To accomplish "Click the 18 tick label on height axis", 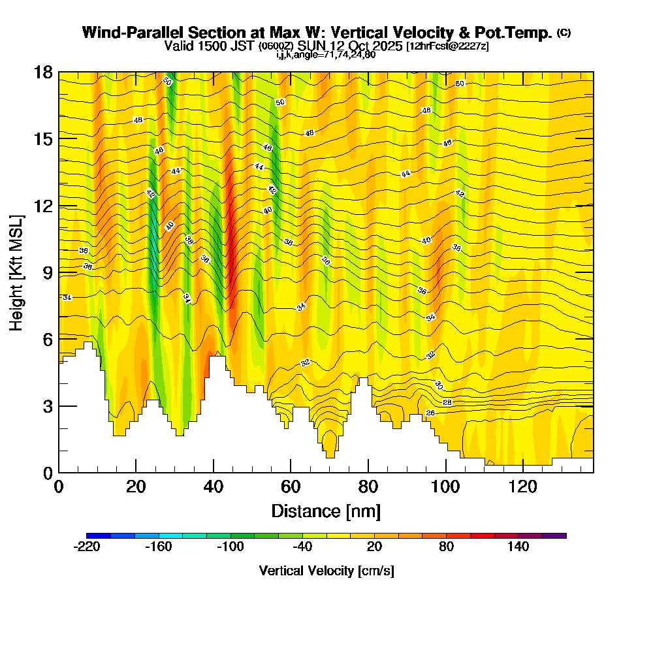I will (x=44, y=72).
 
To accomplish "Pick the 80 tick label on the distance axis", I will (x=368, y=486).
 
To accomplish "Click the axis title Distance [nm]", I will (x=326, y=511).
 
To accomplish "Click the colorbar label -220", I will (x=86, y=547).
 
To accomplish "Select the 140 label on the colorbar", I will (x=518, y=547).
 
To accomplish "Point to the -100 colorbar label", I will (x=230, y=547).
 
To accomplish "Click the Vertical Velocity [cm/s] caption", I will (x=326, y=571).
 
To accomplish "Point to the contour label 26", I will (x=430, y=413).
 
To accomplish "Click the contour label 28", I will (x=447, y=402).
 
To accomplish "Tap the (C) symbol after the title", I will (x=564, y=33).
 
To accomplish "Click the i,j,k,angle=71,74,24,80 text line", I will (x=326, y=55).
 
